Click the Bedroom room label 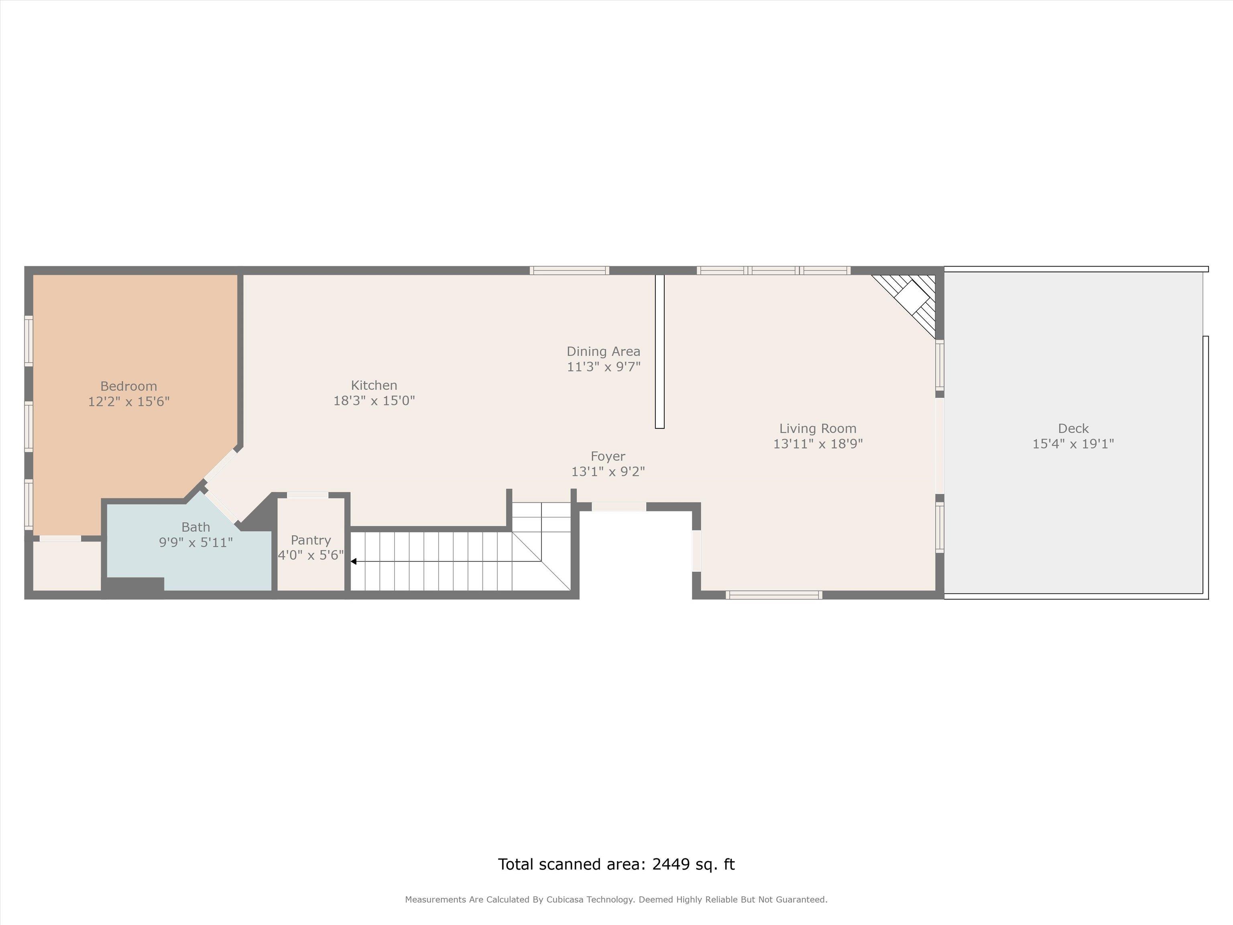129,386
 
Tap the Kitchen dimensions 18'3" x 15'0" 374,400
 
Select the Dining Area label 604,351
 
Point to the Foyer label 608,456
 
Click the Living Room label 818,428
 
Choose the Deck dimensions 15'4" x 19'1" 1073,444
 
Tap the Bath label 195,527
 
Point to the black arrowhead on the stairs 353,562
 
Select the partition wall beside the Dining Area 659,351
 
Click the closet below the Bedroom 67,565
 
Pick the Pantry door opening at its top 308,495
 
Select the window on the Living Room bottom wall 774,595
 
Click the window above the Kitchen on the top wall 569,271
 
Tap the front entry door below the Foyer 619,507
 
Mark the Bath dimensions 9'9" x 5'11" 195,542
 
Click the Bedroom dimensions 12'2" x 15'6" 129,401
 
